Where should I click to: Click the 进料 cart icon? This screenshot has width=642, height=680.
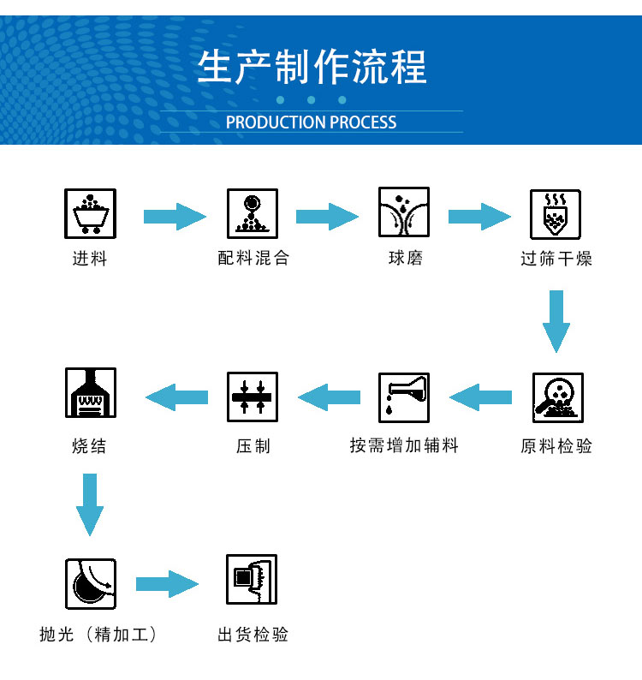pos(90,213)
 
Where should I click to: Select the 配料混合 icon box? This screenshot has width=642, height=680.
pos(253,213)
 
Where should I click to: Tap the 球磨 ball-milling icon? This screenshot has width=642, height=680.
pos(404,213)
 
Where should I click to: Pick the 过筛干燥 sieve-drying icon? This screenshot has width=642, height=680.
pos(556,213)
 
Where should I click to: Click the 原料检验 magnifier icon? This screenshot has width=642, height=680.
pos(557,398)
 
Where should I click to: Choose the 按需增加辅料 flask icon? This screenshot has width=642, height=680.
pos(404,397)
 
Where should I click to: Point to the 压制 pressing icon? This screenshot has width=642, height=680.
pos(253,397)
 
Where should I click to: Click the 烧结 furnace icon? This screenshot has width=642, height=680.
pos(90,394)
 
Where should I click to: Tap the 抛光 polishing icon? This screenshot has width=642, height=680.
pos(90,584)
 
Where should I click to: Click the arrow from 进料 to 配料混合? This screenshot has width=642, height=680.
pos(175,217)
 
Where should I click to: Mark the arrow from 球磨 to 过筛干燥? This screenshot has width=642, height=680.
pos(479,217)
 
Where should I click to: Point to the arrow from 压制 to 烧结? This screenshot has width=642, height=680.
pos(177,397)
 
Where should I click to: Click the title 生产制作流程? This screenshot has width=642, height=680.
pos(312,68)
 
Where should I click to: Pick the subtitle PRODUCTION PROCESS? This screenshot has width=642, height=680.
pos(312,122)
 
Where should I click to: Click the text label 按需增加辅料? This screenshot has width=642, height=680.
pos(404,446)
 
